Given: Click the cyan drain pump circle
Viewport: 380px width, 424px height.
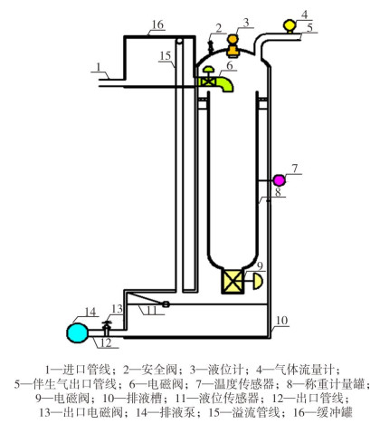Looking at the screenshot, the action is click(78, 332).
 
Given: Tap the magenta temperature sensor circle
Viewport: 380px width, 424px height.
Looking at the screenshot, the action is click(279, 180).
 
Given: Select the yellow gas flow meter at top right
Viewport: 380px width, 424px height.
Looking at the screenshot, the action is click(290, 25).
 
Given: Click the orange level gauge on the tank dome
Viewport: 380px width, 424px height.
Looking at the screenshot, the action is click(233, 45).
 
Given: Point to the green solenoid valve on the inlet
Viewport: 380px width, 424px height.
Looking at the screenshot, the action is click(214, 80).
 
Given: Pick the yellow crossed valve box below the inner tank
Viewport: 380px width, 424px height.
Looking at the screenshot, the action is click(233, 282).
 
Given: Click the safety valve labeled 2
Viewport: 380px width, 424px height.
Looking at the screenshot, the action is click(210, 47).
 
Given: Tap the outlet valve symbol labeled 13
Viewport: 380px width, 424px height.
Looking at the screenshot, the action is click(107, 328).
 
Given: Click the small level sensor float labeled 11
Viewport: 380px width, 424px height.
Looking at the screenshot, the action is click(166, 304).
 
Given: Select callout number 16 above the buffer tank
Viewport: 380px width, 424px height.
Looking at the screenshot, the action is click(157, 24).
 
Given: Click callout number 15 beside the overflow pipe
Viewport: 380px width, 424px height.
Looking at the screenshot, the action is click(166, 56).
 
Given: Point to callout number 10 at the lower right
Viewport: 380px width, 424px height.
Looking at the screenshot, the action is click(281, 321).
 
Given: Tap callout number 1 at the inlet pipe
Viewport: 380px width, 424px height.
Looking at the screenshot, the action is click(99, 67).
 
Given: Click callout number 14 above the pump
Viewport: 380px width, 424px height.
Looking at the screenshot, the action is click(90, 312).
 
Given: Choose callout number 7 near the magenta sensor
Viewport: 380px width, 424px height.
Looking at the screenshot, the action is click(295, 169).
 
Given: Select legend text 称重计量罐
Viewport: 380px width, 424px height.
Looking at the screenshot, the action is click(335, 384).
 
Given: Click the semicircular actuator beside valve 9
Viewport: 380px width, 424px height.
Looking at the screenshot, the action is click(258, 282).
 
